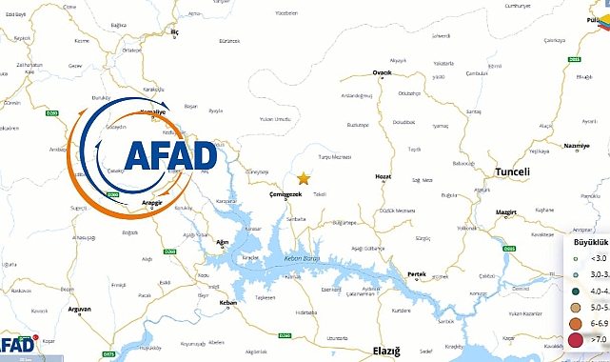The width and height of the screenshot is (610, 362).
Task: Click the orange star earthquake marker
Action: (304, 178)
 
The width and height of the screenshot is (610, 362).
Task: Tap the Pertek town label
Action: (416, 274)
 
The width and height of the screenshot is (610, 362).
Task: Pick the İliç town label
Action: (174, 31)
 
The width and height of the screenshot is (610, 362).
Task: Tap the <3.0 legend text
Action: (599, 258)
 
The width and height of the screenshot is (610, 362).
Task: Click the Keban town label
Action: (227, 303)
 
